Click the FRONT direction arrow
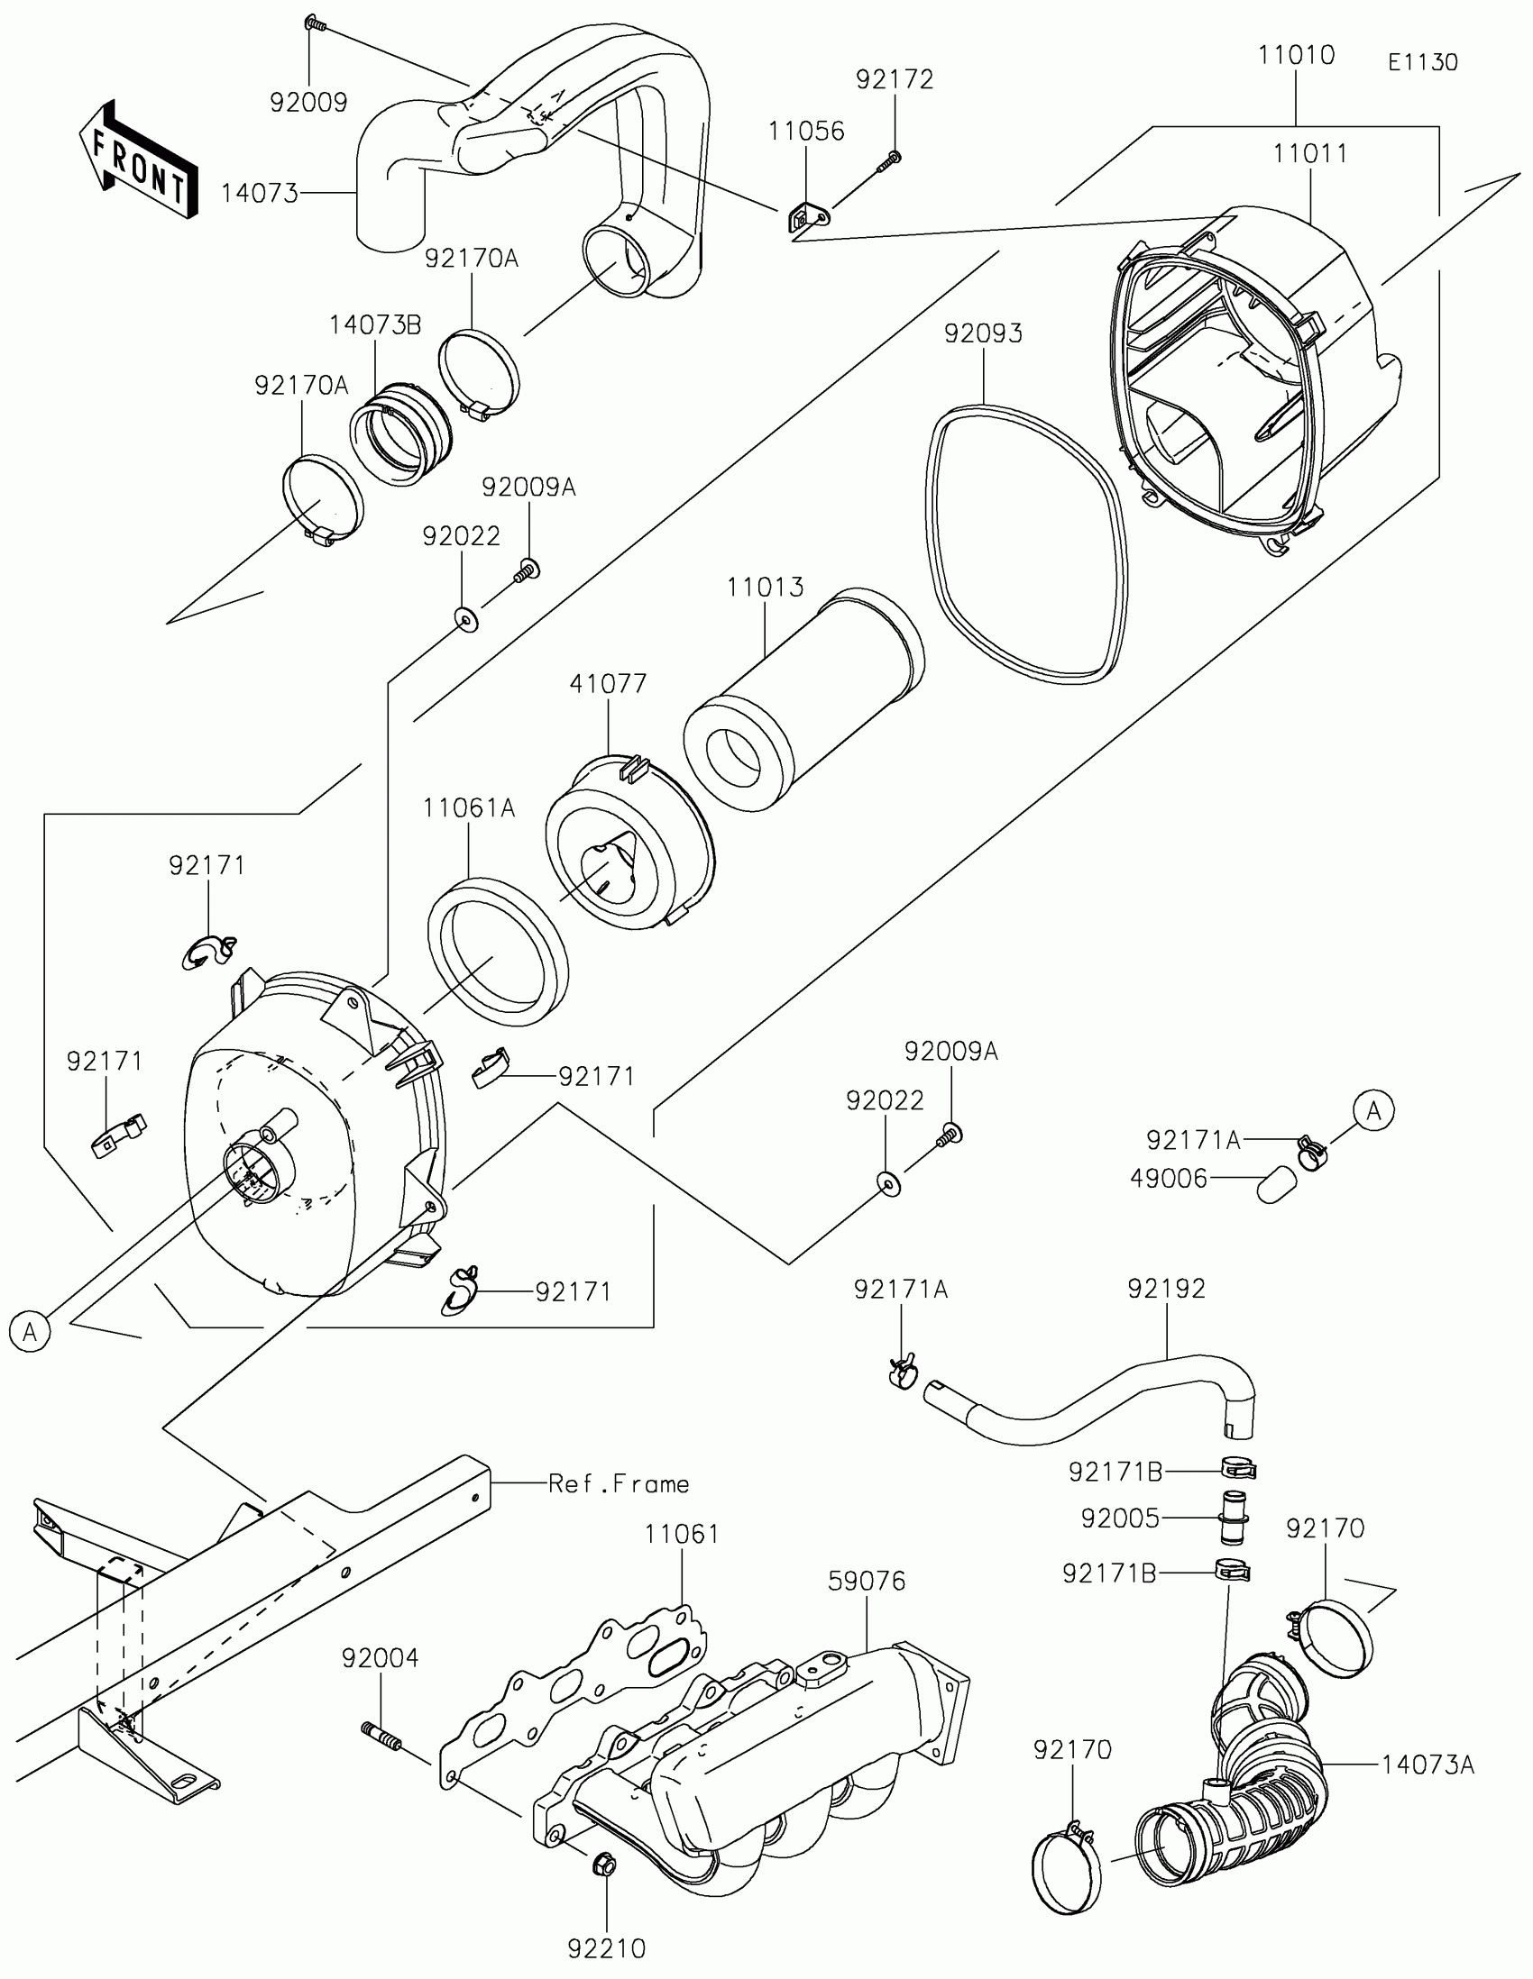click(139, 160)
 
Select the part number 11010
click(1297, 55)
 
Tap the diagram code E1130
click(1422, 62)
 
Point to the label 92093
click(983, 333)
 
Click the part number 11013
click(764, 588)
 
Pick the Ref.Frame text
click(620, 1483)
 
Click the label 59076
click(867, 1582)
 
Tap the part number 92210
click(607, 1948)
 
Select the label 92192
click(1167, 1289)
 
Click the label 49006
click(1169, 1179)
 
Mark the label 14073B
click(375, 325)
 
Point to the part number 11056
click(806, 132)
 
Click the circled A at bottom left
click(30, 1332)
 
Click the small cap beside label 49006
click(1275, 1183)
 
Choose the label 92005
click(1120, 1518)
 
